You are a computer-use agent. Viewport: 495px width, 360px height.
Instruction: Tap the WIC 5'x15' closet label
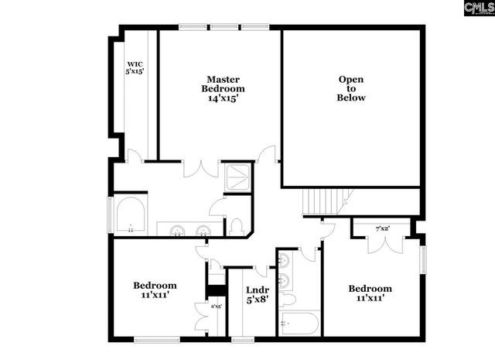click(135, 67)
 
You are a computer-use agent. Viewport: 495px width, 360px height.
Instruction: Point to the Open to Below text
click(351, 88)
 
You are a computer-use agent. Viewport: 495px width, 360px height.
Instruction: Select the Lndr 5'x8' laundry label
click(257, 295)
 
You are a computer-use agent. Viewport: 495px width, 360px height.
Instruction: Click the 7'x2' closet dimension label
click(382, 228)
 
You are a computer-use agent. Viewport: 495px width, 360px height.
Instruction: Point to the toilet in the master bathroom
click(237, 227)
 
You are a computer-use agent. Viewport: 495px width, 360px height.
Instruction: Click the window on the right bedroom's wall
click(423, 259)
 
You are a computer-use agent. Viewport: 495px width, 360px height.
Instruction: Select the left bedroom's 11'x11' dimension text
click(154, 295)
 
